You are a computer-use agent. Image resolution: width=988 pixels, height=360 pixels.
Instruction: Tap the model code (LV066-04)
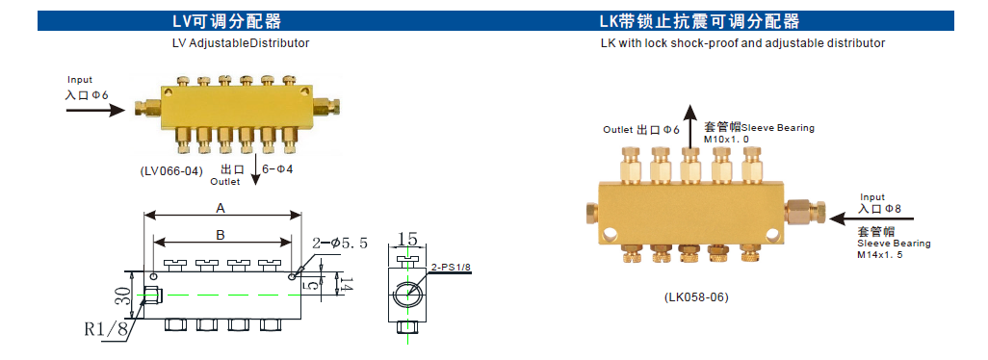click(x=171, y=169)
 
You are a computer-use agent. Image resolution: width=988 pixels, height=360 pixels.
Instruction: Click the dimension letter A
click(x=221, y=207)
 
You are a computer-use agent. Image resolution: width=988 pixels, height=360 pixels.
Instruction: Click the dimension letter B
click(x=220, y=234)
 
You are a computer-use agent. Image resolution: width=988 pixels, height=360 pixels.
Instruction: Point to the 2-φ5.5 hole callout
click(x=340, y=244)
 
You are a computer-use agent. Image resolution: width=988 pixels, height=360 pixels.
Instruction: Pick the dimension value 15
click(x=406, y=239)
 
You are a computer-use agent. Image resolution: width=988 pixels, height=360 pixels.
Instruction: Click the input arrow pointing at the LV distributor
click(x=95, y=111)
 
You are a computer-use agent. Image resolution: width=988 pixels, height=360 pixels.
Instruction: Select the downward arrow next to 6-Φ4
click(x=255, y=173)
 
